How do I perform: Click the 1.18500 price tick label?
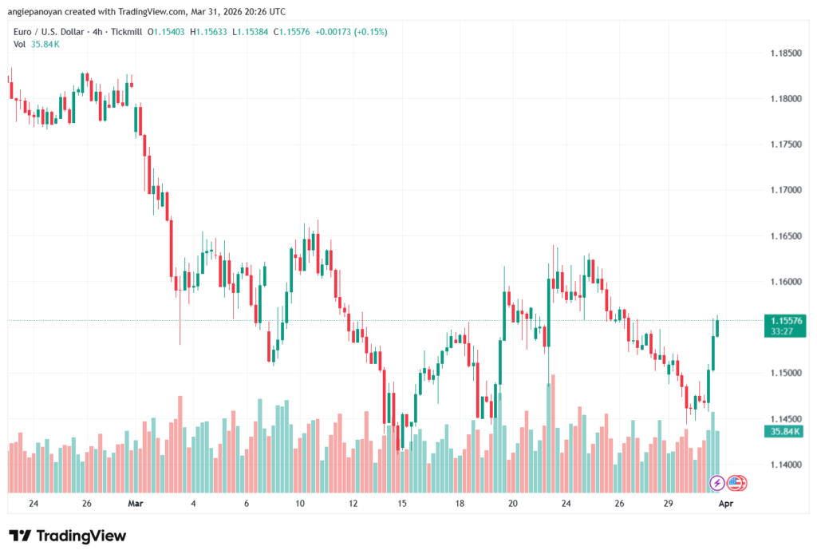point(787,53)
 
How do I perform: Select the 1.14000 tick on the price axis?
point(787,465)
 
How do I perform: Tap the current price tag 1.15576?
point(785,320)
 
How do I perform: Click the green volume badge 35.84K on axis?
point(785,431)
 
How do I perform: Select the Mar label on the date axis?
point(135,504)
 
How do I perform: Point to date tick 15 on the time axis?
point(403,504)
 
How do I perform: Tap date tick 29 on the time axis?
point(669,504)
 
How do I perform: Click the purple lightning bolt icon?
point(716,483)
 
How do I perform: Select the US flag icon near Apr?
point(736,483)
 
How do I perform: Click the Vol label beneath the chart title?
point(20,44)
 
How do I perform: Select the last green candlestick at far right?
point(717,327)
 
